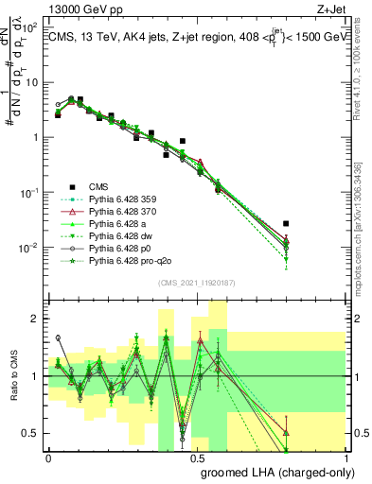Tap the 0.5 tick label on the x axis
point(197,458)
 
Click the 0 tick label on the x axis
point(48,458)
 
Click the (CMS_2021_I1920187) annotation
point(197,284)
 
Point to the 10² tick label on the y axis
point(28,26)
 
